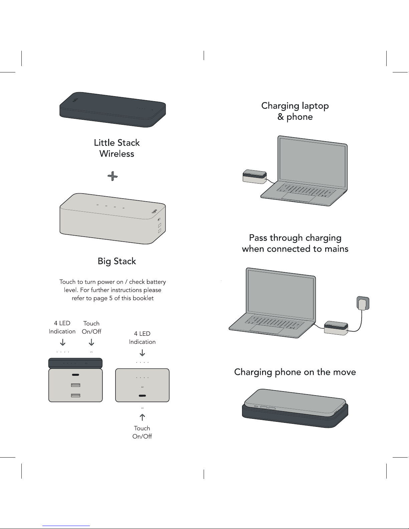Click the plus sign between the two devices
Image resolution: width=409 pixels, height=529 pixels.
[x=113, y=176]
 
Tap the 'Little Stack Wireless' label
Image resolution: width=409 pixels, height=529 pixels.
[x=117, y=148]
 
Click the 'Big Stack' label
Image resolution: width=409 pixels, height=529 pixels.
[x=117, y=261]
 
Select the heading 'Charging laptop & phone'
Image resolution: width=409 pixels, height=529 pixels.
[x=295, y=111]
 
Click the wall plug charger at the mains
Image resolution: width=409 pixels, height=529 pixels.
[x=363, y=303]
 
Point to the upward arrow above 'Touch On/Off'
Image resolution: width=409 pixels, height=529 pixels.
[x=142, y=417]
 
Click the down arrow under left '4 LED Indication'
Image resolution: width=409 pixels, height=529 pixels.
[x=62, y=342]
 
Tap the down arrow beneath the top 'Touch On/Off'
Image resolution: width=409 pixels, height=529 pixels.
[x=91, y=342]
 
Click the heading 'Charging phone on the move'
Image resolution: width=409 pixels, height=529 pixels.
[x=295, y=372]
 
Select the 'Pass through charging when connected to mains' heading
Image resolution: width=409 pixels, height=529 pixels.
[x=295, y=243]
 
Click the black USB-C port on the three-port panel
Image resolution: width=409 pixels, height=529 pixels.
[x=75, y=375]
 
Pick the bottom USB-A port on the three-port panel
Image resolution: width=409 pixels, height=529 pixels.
[x=75, y=395]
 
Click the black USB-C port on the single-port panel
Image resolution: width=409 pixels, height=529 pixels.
[x=142, y=395]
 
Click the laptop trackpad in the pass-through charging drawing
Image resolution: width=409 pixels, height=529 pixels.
[x=267, y=329]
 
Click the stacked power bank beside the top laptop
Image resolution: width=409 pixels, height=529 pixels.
[x=255, y=177]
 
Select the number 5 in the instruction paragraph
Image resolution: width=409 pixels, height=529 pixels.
[x=111, y=298]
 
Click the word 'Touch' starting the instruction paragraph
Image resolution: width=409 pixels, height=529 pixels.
[x=67, y=282]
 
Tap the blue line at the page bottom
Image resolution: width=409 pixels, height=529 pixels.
[x=66, y=526]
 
